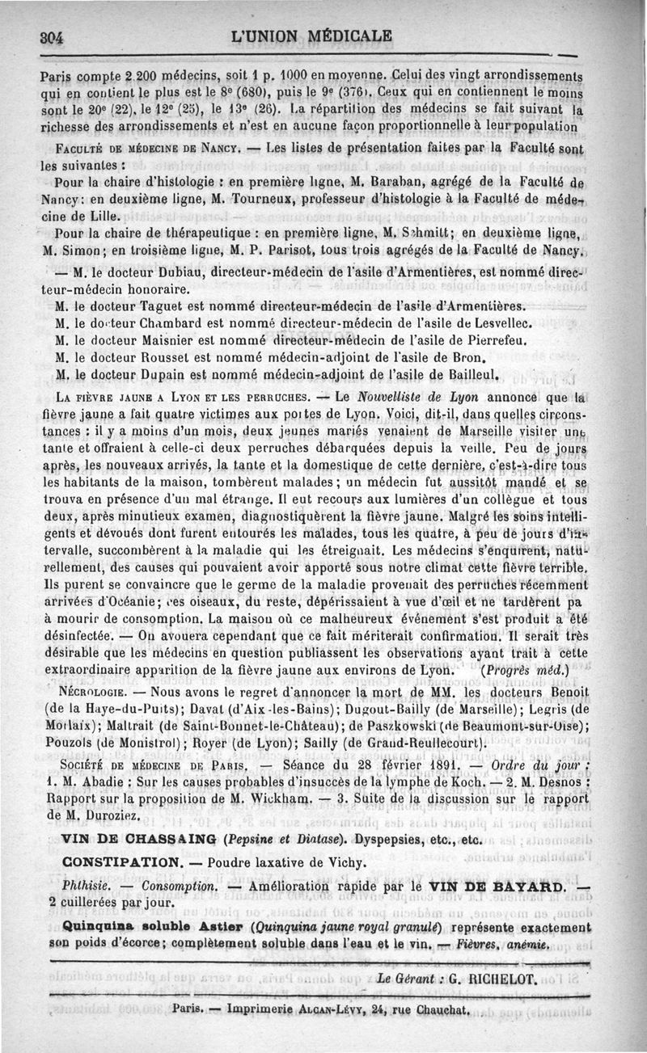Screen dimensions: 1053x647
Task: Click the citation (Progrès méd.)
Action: pos(525,669)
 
